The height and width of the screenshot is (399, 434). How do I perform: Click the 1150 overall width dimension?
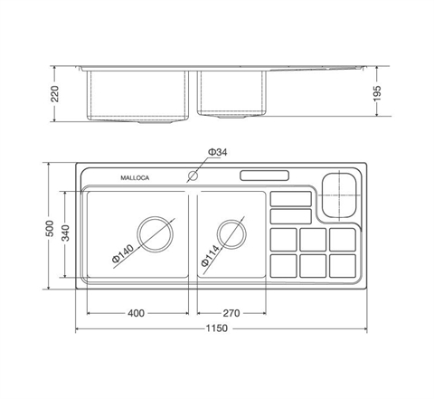tap(217, 328)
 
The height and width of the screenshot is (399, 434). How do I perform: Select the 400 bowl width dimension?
tap(136, 313)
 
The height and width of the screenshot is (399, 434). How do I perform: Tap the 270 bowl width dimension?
tap(231, 313)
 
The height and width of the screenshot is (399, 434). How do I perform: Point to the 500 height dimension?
tap(51, 228)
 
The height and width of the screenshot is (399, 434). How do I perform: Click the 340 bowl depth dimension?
tap(65, 233)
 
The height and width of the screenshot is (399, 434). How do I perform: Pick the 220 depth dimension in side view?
tap(55, 94)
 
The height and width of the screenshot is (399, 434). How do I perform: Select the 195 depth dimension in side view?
tap(377, 93)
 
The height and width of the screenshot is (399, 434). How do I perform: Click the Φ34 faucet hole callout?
tap(217, 152)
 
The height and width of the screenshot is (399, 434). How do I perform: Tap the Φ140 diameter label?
tap(123, 253)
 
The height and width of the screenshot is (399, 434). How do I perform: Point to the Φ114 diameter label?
tap(211, 255)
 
